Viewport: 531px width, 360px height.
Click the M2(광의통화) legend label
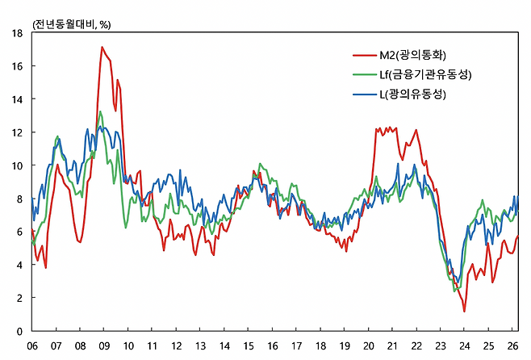coord(413,55)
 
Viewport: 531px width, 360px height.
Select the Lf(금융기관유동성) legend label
coord(425,74)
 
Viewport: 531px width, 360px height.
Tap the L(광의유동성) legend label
coord(413,94)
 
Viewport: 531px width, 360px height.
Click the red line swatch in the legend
coord(365,55)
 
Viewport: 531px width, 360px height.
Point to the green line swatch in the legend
coord(365,74)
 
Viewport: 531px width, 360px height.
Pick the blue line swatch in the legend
coord(365,94)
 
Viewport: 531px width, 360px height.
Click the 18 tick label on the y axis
coord(17,33)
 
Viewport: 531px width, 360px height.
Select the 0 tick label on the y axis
coord(19,331)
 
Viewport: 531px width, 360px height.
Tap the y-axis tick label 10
coord(17,165)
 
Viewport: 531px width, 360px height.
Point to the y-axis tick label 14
coord(17,99)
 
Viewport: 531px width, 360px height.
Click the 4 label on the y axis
coord(19,265)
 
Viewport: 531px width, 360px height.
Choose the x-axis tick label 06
coord(32,346)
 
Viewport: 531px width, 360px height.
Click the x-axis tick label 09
coord(104,346)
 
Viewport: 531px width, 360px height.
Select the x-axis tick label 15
coord(249,346)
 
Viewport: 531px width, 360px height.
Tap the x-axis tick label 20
coord(369,346)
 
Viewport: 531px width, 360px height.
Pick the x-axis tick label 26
coord(512,346)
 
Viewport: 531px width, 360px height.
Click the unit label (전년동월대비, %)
coord(71,24)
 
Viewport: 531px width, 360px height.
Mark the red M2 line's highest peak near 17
coord(102,47)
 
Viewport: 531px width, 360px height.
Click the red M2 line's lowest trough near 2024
coord(464,312)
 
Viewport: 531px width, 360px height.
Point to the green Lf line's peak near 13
coord(100,111)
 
